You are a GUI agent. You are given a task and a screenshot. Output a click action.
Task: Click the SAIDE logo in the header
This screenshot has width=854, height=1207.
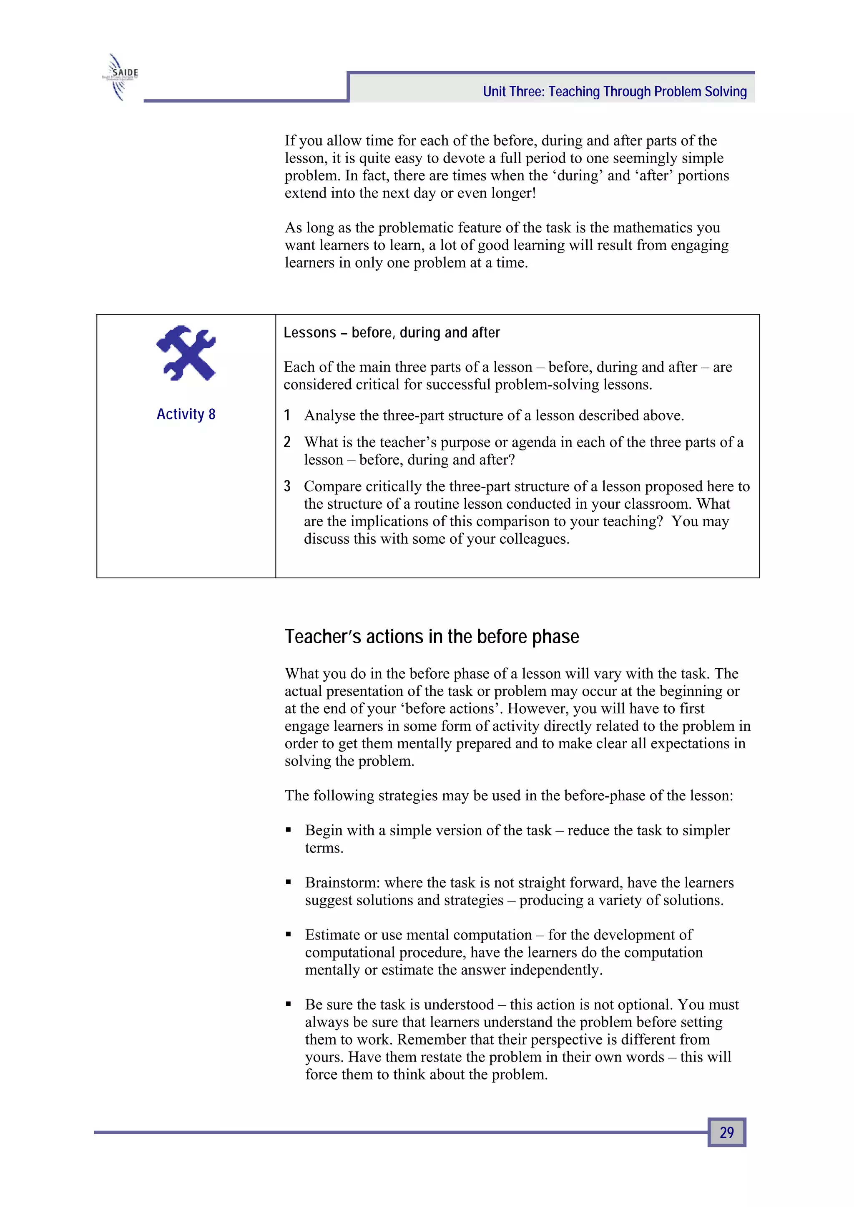coord(121,77)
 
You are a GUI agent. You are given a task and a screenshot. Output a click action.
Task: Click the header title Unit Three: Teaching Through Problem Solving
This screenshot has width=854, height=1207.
coord(614,92)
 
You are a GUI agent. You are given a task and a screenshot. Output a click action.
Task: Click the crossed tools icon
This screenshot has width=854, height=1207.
coord(186,353)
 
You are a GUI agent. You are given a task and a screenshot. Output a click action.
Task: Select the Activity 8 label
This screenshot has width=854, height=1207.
coord(186,414)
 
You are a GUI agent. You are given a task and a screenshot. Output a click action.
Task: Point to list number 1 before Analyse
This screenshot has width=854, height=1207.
coord(287,415)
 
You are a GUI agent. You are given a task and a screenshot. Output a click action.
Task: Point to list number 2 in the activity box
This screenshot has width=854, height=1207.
coord(287,442)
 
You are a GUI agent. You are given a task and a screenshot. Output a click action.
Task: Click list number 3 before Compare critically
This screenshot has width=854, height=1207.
coord(287,486)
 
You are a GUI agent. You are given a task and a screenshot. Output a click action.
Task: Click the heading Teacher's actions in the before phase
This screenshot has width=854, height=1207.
coord(432,637)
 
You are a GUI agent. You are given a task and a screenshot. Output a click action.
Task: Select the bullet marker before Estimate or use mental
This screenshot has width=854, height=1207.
coord(288,935)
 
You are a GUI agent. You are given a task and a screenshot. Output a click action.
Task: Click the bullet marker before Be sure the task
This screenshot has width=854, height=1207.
coord(288,1005)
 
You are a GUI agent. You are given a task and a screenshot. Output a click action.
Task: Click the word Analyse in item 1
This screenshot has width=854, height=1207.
coord(330,415)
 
